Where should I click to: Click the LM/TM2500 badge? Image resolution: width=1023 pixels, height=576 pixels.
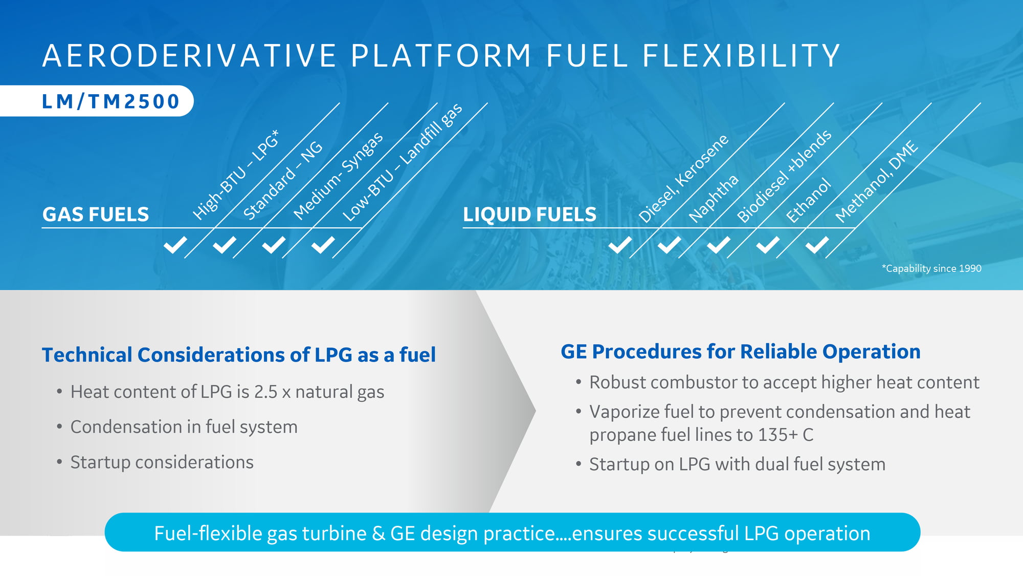(x=97, y=101)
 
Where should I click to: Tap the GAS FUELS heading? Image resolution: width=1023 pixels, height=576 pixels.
(x=96, y=214)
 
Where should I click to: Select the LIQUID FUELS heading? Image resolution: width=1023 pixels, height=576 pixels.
(x=529, y=214)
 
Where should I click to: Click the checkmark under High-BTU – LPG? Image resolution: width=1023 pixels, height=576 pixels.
(x=175, y=245)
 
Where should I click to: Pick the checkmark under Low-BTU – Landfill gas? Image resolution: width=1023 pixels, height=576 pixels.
(x=323, y=245)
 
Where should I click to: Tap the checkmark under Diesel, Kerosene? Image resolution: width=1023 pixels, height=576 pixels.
(x=620, y=245)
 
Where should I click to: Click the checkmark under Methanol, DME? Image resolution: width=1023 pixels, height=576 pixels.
(x=817, y=245)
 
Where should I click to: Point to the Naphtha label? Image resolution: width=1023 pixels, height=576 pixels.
(x=714, y=199)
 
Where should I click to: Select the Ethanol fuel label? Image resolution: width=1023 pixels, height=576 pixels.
(x=808, y=200)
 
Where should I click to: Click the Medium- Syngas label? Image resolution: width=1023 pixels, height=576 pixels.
(x=338, y=176)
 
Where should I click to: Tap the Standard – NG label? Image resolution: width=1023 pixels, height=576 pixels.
(x=283, y=180)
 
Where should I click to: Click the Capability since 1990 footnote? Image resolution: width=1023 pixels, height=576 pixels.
(x=931, y=268)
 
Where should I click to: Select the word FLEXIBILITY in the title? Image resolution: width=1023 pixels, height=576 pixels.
(x=742, y=55)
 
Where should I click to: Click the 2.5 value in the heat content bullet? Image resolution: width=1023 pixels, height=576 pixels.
(x=265, y=392)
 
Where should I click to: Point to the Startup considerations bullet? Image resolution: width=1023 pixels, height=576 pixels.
(x=162, y=462)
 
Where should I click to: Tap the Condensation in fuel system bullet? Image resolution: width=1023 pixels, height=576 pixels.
(x=184, y=427)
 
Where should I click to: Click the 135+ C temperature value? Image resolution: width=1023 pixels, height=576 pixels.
(x=786, y=435)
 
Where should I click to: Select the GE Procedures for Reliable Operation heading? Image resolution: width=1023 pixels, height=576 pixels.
(x=741, y=352)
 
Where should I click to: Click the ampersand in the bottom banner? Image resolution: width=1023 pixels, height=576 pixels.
(x=379, y=534)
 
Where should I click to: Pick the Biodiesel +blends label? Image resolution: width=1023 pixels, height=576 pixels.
(x=784, y=176)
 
